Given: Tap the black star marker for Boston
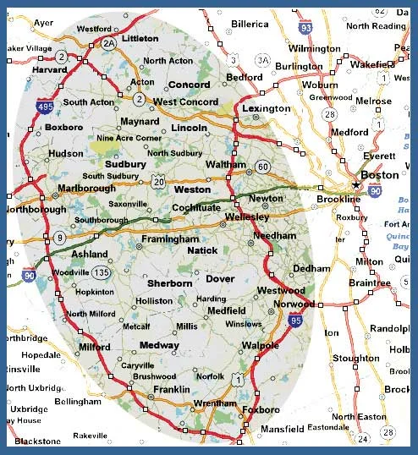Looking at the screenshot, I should (357, 184).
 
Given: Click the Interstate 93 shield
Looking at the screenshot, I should (305, 30).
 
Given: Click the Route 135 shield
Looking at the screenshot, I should (102, 272).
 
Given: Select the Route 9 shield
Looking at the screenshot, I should (58, 238).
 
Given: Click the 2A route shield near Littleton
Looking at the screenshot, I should (107, 42).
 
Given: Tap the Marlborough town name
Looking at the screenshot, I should (86, 188).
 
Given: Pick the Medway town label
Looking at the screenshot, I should (159, 346).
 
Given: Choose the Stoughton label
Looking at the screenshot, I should (355, 359).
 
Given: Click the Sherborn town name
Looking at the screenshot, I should (170, 283).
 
